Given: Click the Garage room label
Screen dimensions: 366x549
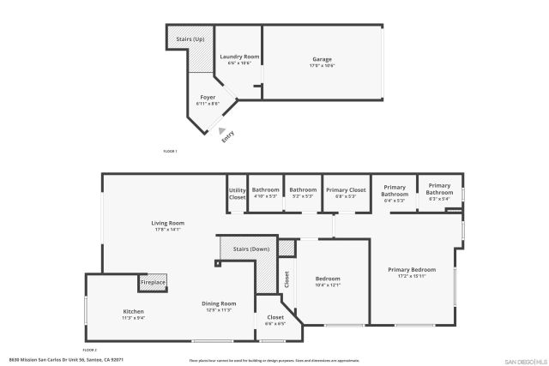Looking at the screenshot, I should tap(322, 58).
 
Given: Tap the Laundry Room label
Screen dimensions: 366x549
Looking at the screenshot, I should tap(238, 57).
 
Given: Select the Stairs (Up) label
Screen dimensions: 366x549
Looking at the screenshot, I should tap(189, 39).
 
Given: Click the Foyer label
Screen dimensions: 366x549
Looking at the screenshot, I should tap(208, 98).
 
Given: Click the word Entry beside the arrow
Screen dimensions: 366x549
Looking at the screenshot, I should tap(228, 135).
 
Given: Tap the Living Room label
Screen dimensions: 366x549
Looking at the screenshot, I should tap(169, 223).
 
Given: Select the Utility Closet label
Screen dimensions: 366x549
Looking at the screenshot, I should tap(238, 194).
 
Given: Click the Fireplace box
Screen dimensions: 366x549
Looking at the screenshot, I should tap(154, 282).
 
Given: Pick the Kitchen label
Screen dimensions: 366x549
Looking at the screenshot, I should tap(133, 311).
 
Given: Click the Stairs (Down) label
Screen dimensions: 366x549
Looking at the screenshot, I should tap(251, 249).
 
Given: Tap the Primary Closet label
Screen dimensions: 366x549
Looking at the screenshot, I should tap(346, 189).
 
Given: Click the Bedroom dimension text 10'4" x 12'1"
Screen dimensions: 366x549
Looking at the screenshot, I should tap(328, 285).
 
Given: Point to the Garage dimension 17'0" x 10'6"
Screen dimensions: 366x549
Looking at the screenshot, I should tap(322, 65).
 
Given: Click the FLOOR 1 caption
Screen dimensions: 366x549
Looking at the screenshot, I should tap(169, 151).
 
